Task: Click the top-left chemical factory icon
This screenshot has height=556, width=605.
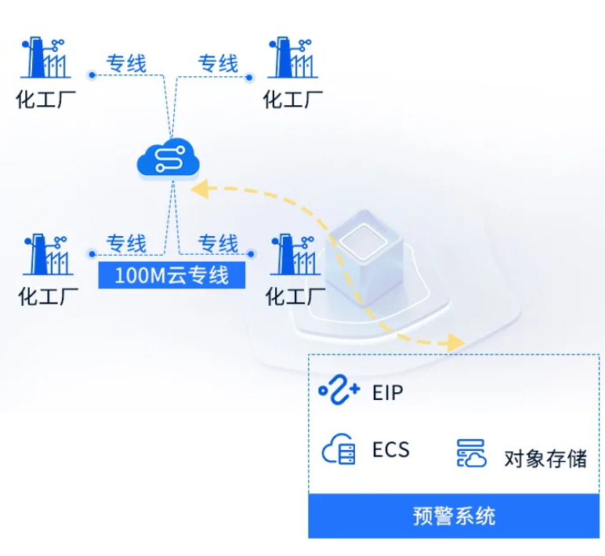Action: pyautogui.click(x=45, y=57)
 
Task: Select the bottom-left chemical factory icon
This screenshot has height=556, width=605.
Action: pyautogui.click(x=47, y=254)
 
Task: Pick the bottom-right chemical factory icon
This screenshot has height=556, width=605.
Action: pyautogui.click(x=294, y=254)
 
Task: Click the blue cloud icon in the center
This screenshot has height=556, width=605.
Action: pyautogui.click(x=168, y=159)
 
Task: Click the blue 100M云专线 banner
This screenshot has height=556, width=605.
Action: pyautogui.click(x=172, y=275)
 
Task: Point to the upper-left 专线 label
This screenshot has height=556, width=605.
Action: pyautogui.click(x=126, y=64)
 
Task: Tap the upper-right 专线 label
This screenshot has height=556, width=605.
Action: pyautogui.click(x=217, y=64)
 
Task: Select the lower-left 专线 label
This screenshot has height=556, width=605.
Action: pyautogui.click(x=126, y=243)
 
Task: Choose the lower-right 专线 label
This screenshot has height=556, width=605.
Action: pyautogui.click(x=217, y=243)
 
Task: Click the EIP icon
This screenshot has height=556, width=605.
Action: pyautogui.click(x=339, y=390)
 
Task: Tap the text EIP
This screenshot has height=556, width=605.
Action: pyautogui.click(x=388, y=391)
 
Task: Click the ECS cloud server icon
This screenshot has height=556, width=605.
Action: pyautogui.click(x=339, y=449)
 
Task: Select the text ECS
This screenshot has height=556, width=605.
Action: pyautogui.click(x=390, y=450)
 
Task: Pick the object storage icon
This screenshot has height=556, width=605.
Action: pyautogui.click(x=472, y=453)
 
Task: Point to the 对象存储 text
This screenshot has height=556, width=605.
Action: pyautogui.click(x=545, y=458)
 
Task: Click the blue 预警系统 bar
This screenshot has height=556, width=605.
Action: pyautogui.click(x=454, y=516)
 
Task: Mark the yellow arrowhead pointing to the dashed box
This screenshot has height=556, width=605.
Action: pyautogui.click(x=454, y=343)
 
